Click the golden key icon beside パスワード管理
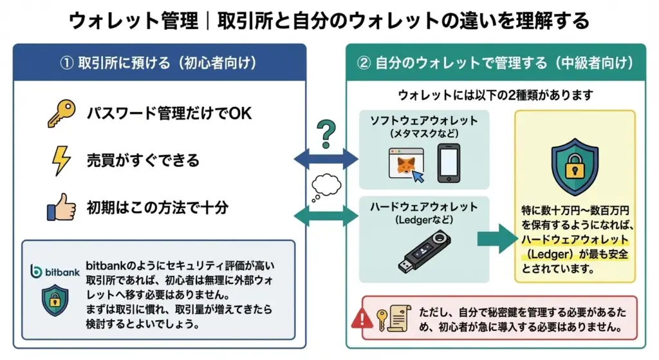[x=61, y=113]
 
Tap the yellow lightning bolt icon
[x=61, y=160]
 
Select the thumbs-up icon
[x=61, y=207]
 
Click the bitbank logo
[x=55, y=272]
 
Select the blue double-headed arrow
[x=326, y=160]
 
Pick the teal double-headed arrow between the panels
[x=326, y=216]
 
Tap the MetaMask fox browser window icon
[x=407, y=165]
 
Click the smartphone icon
[x=449, y=163]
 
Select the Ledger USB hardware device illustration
[x=425, y=252]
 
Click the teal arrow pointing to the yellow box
[x=497, y=238]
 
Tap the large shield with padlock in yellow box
[x=575, y=167]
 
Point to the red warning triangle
[x=362, y=318]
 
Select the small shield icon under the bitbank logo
[x=55, y=300]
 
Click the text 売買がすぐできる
[x=143, y=160]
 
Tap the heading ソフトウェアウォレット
[x=423, y=120]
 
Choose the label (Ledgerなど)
[x=424, y=220]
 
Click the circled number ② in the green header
[x=364, y=63]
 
